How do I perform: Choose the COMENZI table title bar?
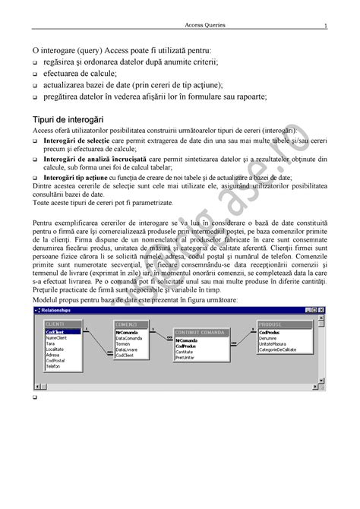pyautogui.click(x=134, y=324)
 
